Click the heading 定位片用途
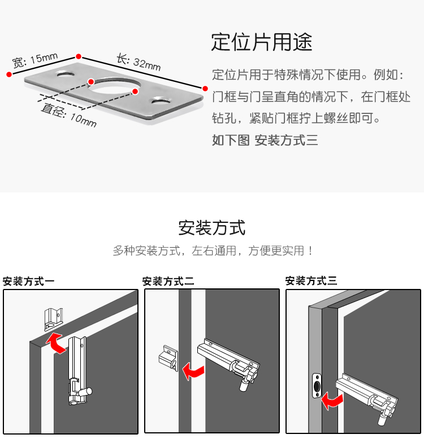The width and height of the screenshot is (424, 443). (x=262, y=42)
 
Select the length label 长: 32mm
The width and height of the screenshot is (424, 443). (x=139, y=62)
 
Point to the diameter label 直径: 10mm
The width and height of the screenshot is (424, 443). (x=68, y=116)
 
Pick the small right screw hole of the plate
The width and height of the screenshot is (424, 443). (x=160, y=102)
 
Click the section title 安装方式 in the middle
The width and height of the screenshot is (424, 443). (x=211, y=228)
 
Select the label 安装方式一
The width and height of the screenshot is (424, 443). (x=29, y=281)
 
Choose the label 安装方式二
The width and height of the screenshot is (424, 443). (x=168, y=281)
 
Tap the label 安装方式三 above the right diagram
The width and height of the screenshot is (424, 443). (x=311, y=281)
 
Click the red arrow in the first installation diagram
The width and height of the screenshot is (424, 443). (x=55, y=341)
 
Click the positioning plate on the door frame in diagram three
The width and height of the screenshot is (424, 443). (x=317, y=387)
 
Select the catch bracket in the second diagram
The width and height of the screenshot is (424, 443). (x=167, y=356)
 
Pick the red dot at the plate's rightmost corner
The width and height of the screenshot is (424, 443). (x=205, y=88)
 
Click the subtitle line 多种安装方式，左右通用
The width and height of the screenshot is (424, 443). (x=213, y=251)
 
